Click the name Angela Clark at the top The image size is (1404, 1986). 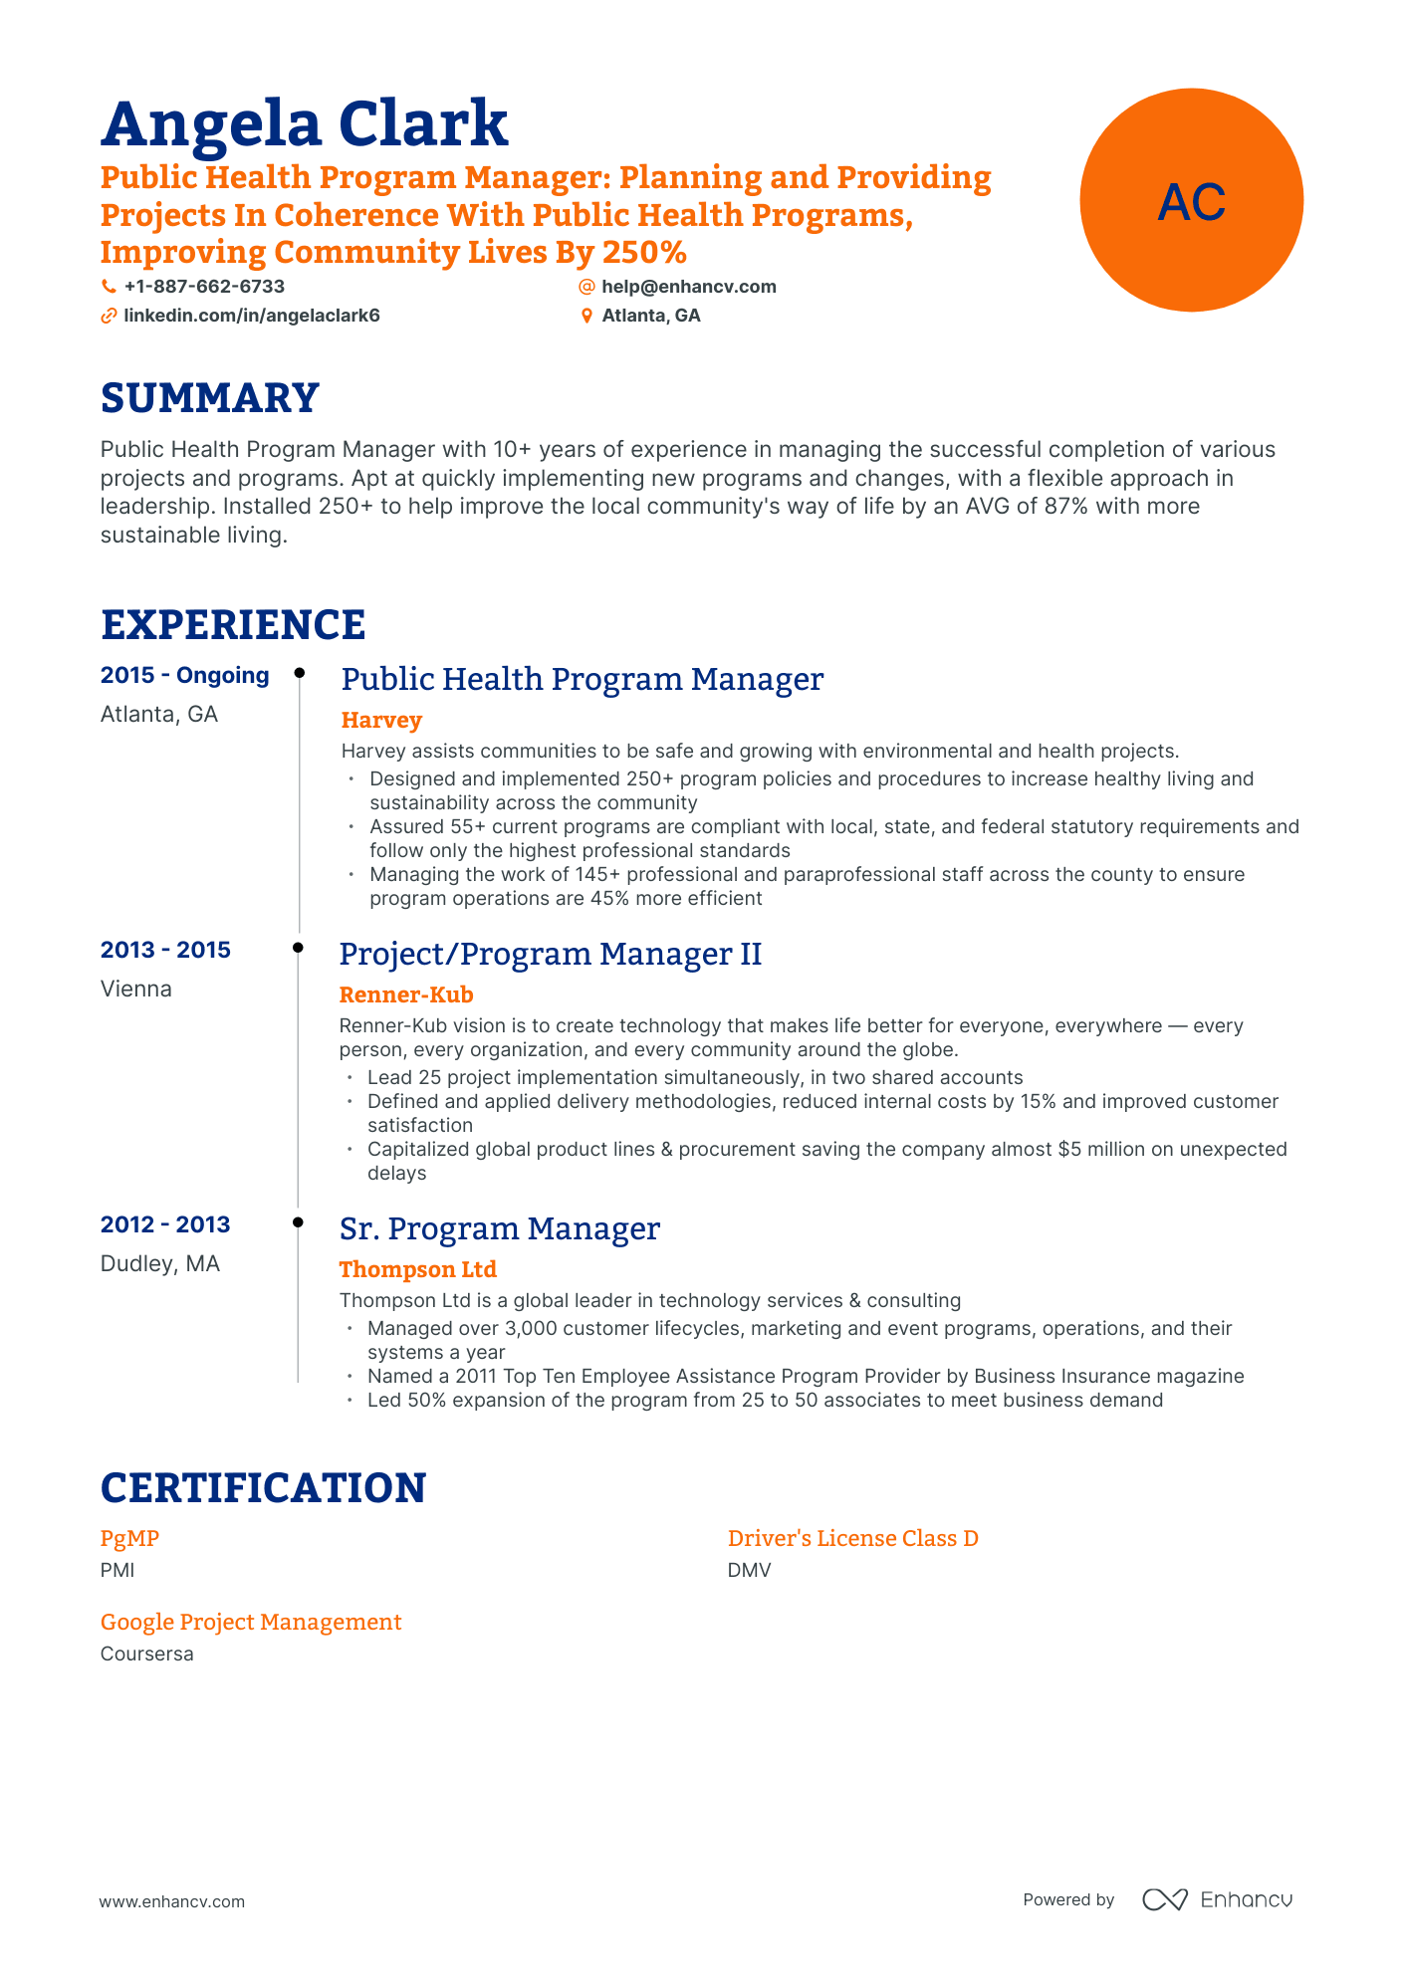[x=304, y=123]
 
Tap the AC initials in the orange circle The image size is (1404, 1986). [x=1191, y=202]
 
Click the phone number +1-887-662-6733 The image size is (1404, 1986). [x=204, y=287]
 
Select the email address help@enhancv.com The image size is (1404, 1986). [x=688, y=287]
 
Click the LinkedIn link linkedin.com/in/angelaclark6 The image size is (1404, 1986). [x=251, y=316]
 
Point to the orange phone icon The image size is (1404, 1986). [x=109, y=287]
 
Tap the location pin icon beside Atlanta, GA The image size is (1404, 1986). [x=586, y=316]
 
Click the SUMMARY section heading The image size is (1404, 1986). [x=209, y=398]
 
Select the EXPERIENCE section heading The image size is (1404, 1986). [x=233, y=625]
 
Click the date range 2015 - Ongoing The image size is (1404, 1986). [x=184, y=675]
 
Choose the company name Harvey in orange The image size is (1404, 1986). [x=381, y=720]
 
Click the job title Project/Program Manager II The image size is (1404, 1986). [x=550, y=954]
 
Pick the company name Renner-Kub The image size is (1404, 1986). [x=406, y=994]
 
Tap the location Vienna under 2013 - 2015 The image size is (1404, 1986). [x=136, y=989]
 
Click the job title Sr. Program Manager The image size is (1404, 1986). [x=499, y=1228]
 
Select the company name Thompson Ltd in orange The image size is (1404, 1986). [x=417, y=1269]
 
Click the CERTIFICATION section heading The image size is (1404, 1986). [x=263, y=1488]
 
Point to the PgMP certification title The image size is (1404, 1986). [x=129, y=1538]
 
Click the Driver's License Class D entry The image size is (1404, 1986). [x=852, y=1538]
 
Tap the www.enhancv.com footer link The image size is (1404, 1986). [x=171, y=1901]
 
